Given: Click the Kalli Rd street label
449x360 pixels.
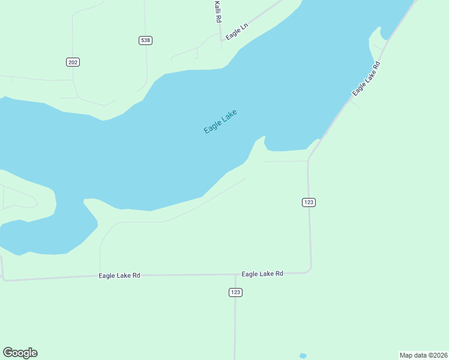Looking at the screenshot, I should tap(218, 12).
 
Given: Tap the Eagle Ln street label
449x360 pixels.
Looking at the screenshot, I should tap(237, 32).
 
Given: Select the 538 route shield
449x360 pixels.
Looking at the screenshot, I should tap(145, 40).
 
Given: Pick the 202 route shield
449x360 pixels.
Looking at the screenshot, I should tap(73, 62).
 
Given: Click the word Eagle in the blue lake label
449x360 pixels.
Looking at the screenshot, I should tap(213, 126).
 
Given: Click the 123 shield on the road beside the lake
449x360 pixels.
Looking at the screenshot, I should tap(309, 202).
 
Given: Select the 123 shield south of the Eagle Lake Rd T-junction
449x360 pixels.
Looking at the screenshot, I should tap(235, 292).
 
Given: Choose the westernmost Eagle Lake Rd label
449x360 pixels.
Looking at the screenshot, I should tap(119, 275).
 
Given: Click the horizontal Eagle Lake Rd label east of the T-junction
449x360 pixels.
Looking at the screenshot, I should tap(262, 274).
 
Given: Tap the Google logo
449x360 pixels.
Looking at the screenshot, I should tap(20, 353).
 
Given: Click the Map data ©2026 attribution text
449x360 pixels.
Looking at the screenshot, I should tap(423, 355).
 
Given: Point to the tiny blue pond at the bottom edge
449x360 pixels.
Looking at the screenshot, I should tap(303, 356).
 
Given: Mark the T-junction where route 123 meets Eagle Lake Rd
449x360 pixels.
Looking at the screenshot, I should tap(235, 275).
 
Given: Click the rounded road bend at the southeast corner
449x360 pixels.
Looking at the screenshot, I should tap(309, 269).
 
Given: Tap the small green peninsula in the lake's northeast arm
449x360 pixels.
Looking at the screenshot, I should tap(376, 39).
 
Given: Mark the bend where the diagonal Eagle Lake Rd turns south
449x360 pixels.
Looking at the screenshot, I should tap(309, 158).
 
